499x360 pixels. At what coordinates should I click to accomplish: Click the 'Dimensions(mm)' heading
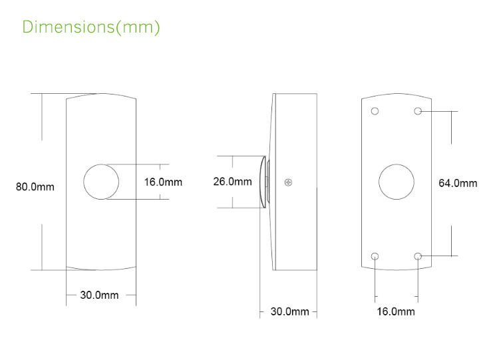coord(91,27)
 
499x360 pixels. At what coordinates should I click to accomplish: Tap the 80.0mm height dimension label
coord(35,187)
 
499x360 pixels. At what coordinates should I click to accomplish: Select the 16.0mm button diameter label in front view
coord(163,182)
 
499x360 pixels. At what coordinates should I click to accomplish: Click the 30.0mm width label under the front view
coord(99,295)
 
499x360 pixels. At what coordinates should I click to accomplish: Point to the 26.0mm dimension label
coord(232,181)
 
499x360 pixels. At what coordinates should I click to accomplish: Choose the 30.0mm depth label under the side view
coord(289,311)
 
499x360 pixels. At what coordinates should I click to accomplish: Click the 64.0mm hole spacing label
coord(458,183)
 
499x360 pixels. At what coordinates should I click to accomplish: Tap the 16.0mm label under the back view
coord(396,311)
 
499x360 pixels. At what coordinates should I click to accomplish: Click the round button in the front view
coord(102,182)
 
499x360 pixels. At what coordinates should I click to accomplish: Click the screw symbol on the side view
coord(287,182)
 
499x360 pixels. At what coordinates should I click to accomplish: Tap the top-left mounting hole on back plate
coord(375,110)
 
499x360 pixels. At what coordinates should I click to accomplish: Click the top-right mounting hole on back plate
coord(418,110)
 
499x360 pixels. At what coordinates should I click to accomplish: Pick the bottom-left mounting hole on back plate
coord(375,256)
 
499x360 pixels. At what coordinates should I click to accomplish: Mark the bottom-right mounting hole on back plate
coord(418,256)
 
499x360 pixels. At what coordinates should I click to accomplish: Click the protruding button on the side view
coord(261,182)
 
